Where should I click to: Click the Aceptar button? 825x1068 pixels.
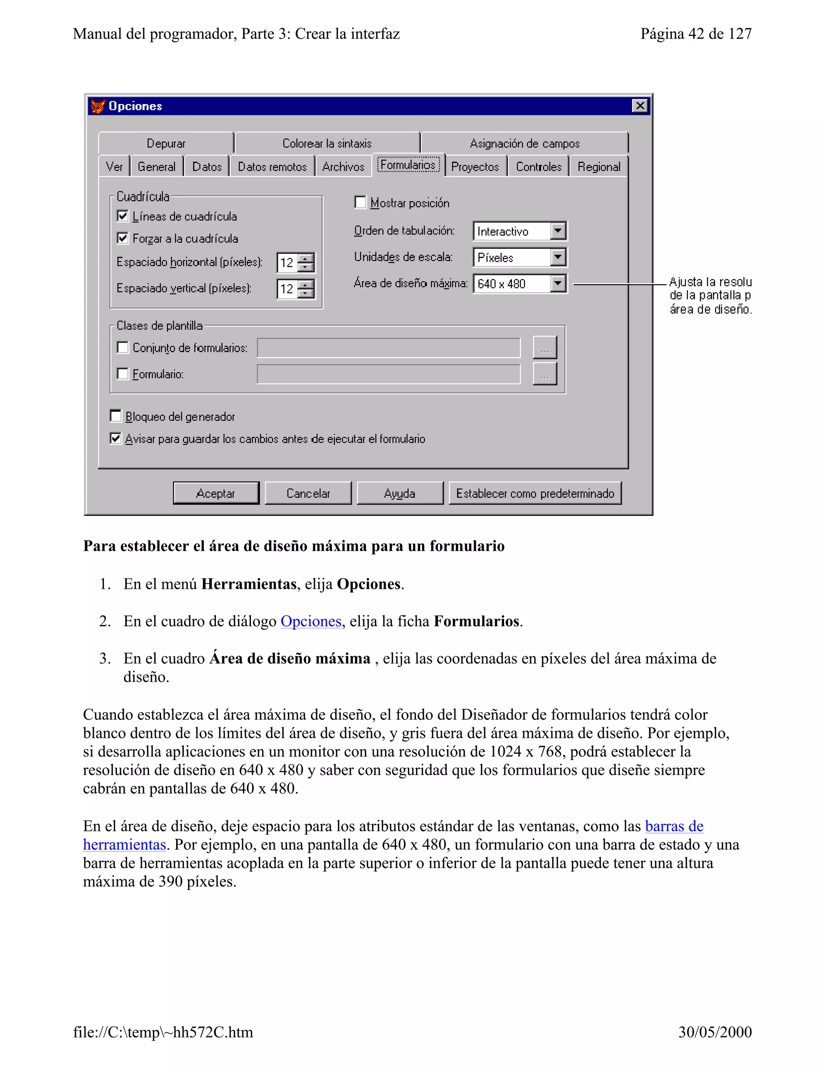216,493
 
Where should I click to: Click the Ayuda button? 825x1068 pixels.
399,493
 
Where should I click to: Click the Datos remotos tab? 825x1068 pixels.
272,167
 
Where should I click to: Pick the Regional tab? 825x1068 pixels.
598,167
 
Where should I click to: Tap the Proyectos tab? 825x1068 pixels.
475,167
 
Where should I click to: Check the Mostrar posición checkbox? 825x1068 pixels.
360,202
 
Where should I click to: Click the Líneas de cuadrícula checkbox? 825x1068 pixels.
123,216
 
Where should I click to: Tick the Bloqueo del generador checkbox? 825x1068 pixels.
116,416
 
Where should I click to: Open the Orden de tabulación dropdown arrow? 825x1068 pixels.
558,231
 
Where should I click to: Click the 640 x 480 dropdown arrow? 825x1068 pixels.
558,283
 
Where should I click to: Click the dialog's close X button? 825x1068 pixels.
640,106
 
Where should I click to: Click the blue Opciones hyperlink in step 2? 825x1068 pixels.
311,621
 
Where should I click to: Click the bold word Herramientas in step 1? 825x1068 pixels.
249,584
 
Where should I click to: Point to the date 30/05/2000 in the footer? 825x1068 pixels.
715,1032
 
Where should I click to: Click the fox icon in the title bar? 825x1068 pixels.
98,106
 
